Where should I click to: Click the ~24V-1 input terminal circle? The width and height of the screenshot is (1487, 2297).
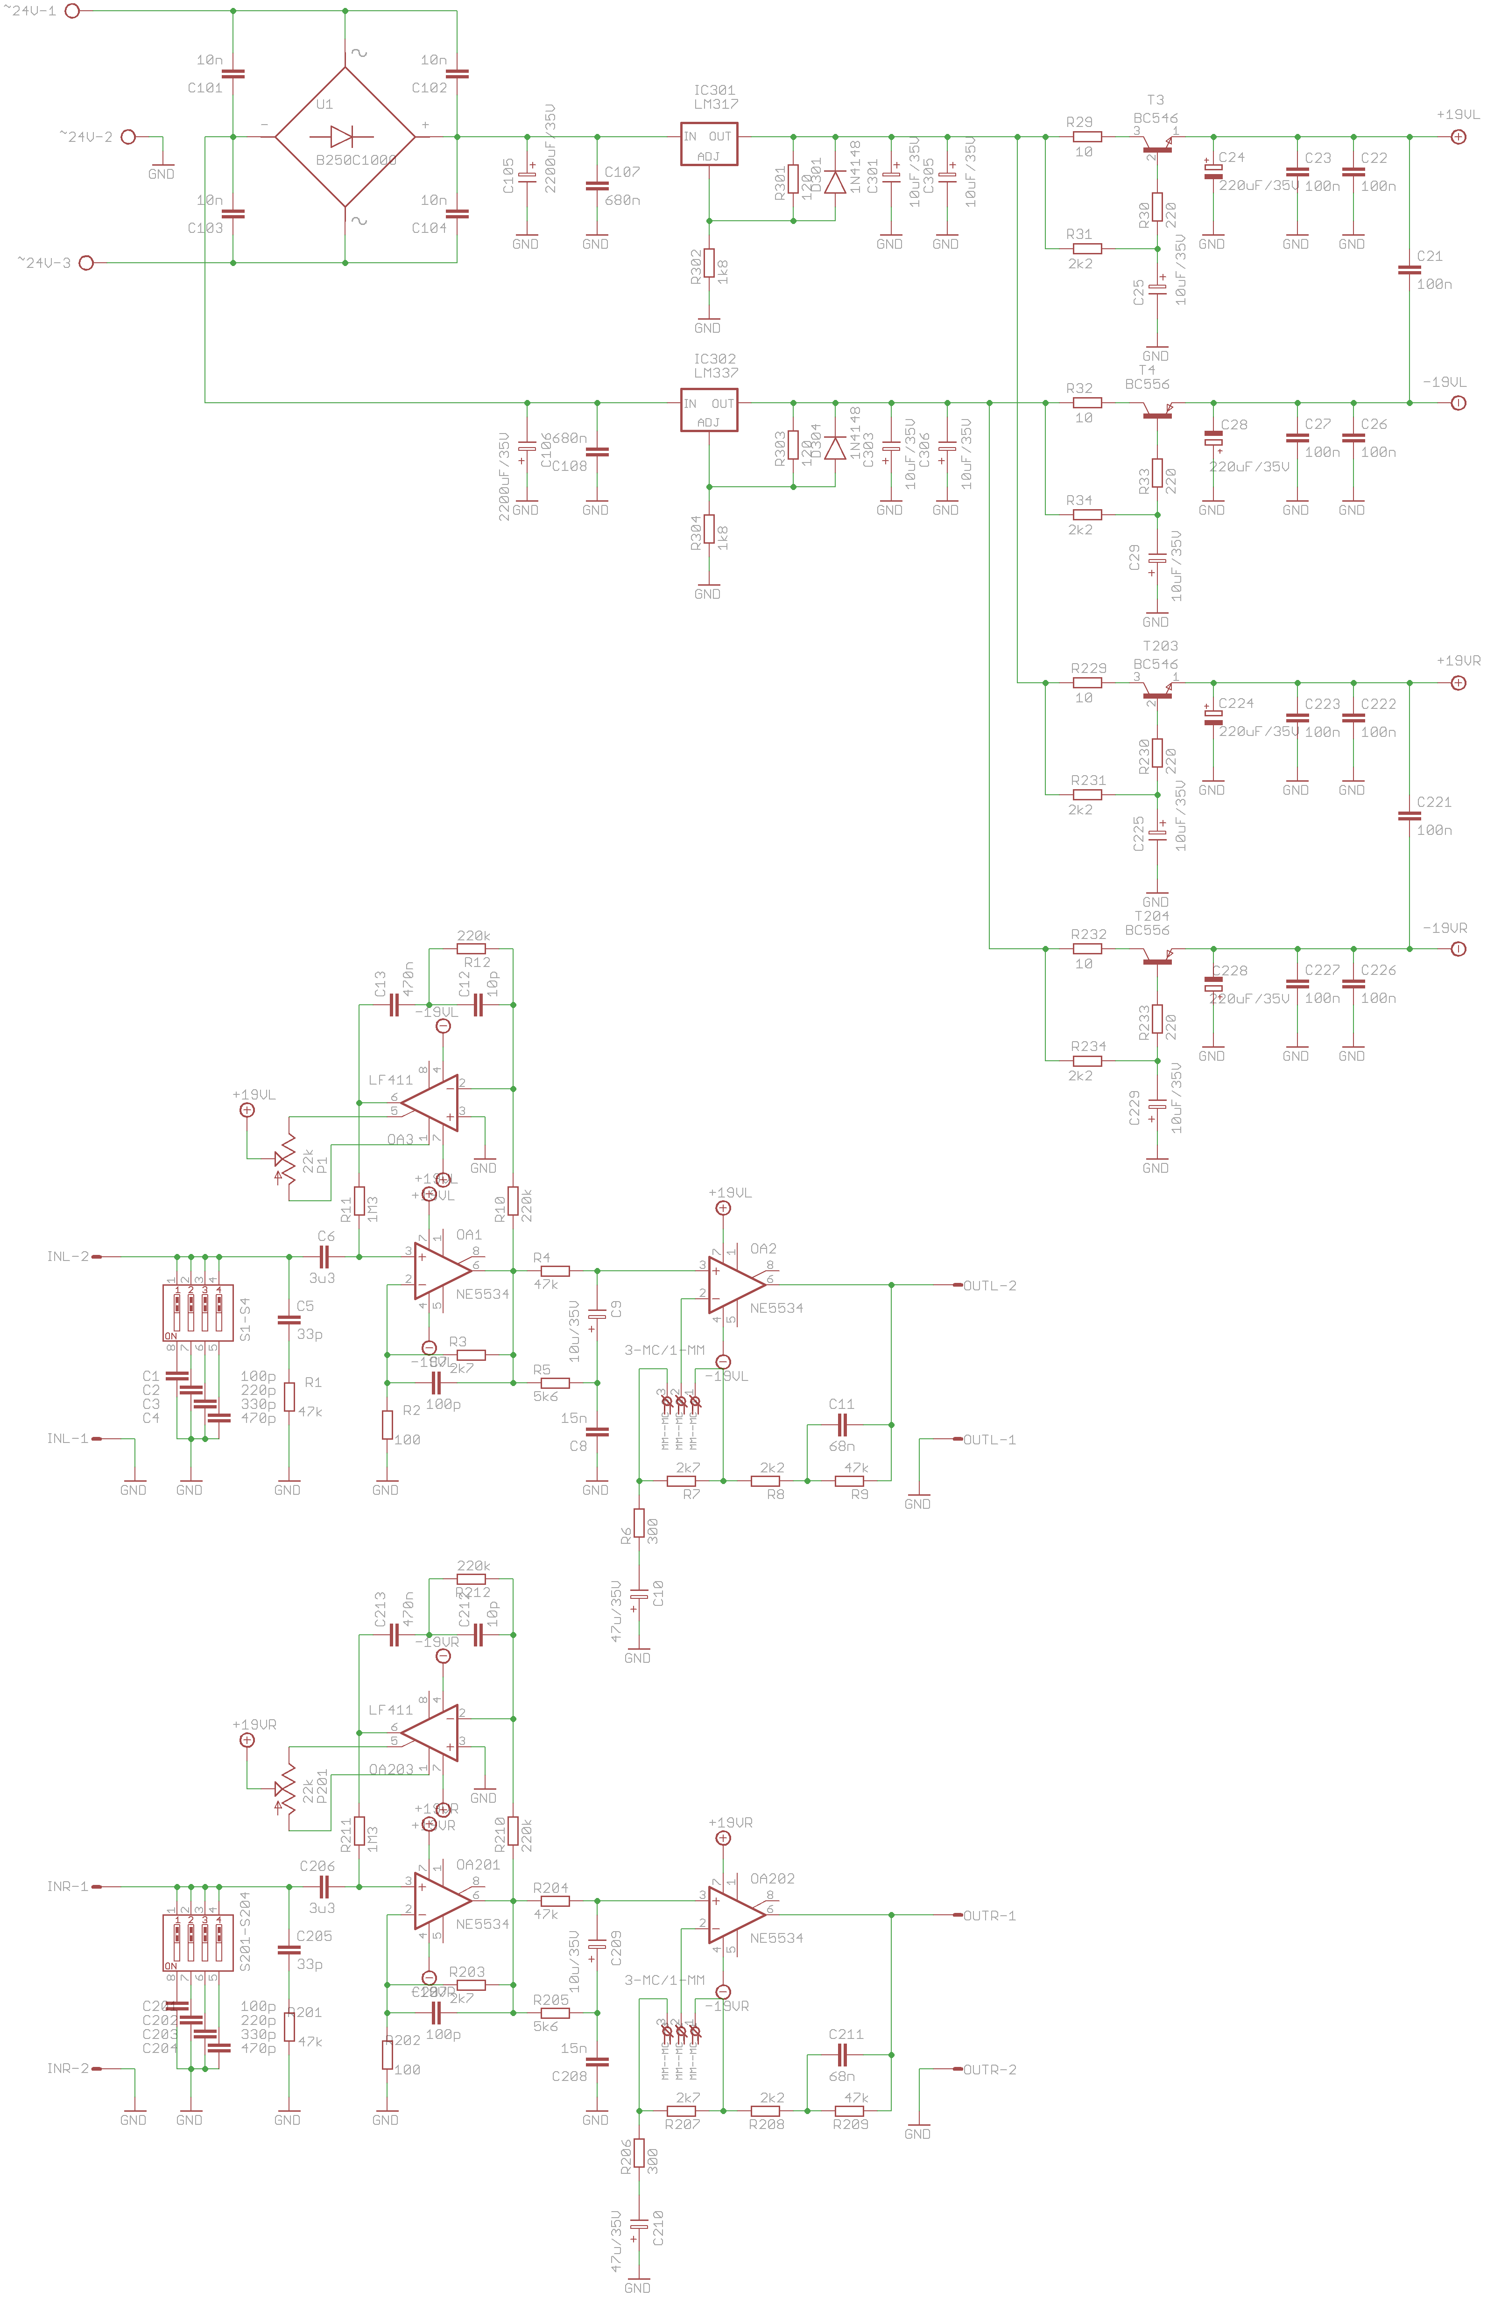tap(71, 11)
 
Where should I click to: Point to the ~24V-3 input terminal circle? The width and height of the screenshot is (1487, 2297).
tap(86, 263)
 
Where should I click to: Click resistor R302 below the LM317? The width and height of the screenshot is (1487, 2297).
tap(709, 263)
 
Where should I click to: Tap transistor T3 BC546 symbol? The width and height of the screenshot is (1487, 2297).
tap(1156, 145)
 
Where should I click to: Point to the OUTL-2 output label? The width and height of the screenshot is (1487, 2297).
tap(990, 1286)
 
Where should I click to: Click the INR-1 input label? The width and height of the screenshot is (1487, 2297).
tap(68, 1886)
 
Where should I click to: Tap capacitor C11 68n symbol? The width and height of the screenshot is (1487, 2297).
tap(842, 1424)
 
